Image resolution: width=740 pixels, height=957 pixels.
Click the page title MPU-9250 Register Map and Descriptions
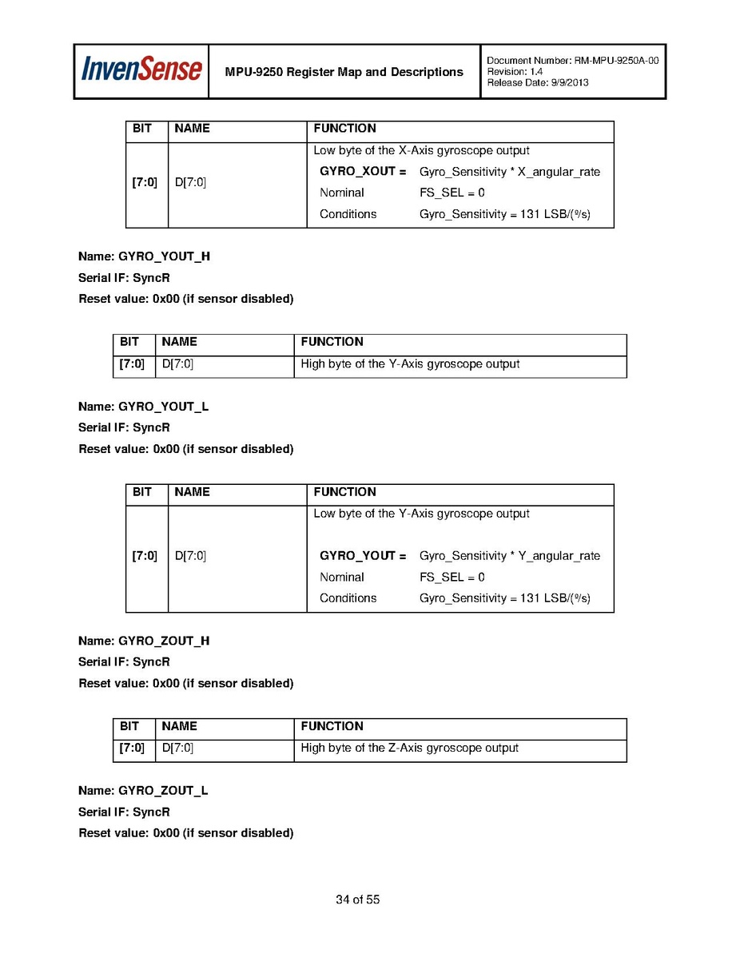344,72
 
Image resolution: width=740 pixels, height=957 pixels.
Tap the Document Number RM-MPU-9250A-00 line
572,61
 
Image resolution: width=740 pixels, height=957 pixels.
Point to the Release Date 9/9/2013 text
537,83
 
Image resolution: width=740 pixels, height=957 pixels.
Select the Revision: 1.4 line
515,72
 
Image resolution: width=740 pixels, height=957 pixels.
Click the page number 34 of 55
357,899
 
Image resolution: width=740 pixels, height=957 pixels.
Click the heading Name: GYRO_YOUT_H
144,256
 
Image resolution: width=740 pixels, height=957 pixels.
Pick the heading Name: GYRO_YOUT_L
143,406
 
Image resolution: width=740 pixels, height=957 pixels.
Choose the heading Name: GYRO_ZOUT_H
144,640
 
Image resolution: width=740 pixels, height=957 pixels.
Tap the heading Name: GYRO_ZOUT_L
143,790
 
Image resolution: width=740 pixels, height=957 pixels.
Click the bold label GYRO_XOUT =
363,172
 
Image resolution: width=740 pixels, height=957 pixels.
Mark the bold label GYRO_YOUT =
363,556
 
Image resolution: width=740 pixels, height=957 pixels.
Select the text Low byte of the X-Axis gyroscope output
421,150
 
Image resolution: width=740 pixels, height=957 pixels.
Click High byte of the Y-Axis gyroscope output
410,364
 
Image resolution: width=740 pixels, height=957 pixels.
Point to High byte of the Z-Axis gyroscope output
409,749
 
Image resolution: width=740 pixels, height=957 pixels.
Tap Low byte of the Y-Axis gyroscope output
421,514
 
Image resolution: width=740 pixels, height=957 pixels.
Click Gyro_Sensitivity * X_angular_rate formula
509,172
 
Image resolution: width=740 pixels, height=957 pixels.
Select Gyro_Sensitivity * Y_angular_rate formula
509,556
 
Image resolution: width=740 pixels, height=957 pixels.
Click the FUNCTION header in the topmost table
344,129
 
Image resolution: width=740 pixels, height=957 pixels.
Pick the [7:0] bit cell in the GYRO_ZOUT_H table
132,749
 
